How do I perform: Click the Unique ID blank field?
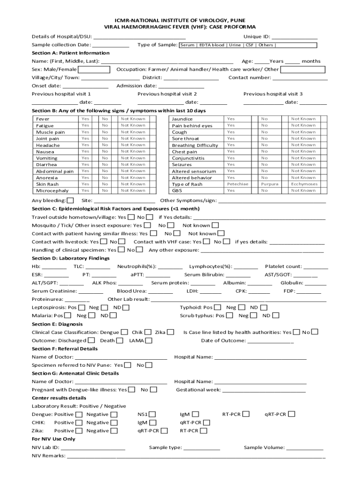coord(295,37)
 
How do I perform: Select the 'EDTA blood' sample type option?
coord(212,45)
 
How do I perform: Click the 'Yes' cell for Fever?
coord(86,119)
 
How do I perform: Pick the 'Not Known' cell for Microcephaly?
coord(133,190)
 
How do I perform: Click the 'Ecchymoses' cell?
coord(304,184)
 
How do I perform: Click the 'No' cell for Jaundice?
coord(265,119)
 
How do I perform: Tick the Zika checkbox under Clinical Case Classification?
coord(171,332)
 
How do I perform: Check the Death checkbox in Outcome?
coord(120,341)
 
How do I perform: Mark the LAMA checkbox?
coord(149,341)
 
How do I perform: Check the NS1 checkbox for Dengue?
coord(153,414)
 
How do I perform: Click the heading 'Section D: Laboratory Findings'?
coord(65,258)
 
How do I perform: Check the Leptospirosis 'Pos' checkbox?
coord(82,308)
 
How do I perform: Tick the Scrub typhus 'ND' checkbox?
coord(276,316)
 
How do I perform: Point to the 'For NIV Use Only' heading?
coord(53,439)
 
